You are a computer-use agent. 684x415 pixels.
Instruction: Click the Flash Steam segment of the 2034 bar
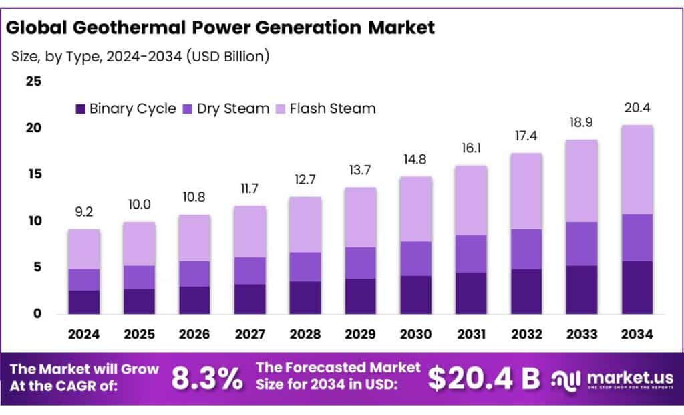[637, 169]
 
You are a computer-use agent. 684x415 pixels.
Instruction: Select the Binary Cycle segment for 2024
[83, 302]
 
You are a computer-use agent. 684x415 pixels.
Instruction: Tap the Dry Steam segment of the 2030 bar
[415, 259]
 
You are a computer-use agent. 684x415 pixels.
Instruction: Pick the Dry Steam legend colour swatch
[188, 108]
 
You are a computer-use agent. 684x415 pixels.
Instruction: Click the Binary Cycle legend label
[132, 108]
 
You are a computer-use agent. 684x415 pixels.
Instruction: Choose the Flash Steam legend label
[332, 108]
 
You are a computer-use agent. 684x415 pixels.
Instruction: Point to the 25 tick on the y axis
[33, 82]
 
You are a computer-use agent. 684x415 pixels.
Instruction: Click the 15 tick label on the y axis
[33, 174]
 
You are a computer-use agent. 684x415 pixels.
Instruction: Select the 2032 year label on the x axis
[526, 333]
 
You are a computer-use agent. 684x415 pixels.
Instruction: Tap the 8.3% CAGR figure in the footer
[207, 378]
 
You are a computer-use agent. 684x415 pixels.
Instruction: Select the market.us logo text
[621, 376]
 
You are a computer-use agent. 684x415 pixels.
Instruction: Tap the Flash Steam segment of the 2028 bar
[305, 225]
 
